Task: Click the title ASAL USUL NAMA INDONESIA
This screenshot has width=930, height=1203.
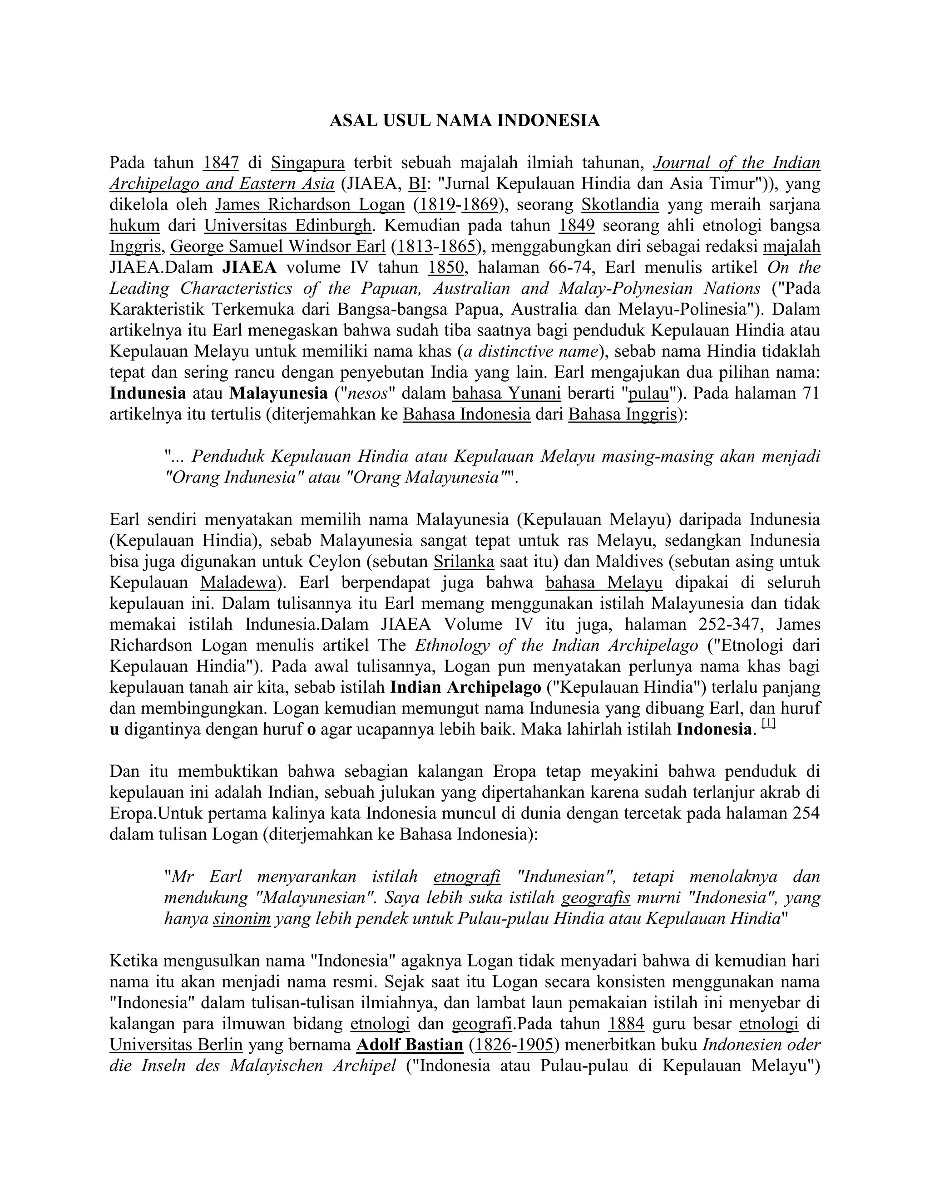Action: click(x=465, y=121)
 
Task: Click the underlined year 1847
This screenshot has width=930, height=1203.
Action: click(x=220, y=163)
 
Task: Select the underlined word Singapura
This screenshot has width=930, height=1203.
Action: click(x=307, y=163)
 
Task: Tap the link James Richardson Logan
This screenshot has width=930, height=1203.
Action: click(x=310, y=204)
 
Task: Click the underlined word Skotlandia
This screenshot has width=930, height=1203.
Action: click(x=620, y=204)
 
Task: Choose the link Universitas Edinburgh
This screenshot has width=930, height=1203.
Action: click(x=287, y=225)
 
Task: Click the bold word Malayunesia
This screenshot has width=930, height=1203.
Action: click(x=278, y=393)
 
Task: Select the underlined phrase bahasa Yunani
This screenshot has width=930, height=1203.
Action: click(x=506, y=393)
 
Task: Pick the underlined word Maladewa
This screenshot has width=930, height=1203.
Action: click(x=237, y=582)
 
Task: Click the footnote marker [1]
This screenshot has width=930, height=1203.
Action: click(x=769, y=725)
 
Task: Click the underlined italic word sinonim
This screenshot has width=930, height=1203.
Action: click(x=241, y=919)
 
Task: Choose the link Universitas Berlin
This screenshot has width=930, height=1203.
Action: click(x=176, y=1045)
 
